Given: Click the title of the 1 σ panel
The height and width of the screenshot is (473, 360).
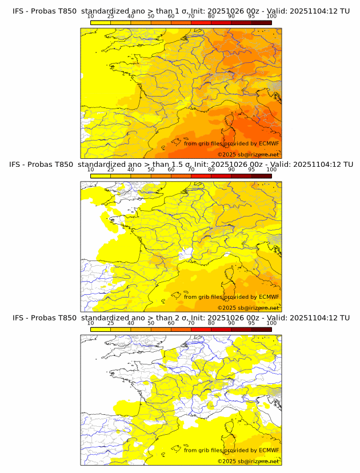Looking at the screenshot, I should point(181,10).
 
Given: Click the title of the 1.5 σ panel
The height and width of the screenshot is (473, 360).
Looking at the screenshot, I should point(181,164).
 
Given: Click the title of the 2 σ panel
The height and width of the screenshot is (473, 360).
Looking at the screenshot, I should point(181,318).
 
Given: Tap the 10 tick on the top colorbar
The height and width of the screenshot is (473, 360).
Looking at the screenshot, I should point(91,17).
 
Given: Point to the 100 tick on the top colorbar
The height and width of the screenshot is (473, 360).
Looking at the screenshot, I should point(271,17).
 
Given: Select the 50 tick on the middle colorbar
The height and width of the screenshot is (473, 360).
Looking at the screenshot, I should point(151,170).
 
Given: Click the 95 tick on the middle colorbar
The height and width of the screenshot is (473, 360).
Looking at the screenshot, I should point(251,170).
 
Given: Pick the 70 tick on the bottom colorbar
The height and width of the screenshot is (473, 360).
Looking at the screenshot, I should point(191,323).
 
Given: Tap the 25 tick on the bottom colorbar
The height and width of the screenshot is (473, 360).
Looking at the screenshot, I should point(111,323).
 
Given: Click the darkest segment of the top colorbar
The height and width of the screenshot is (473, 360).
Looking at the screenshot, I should point(261,22).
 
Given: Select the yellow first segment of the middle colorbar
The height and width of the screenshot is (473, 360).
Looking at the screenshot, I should point(101,176).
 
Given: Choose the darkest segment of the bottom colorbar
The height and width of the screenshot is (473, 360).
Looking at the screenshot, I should point(261,330).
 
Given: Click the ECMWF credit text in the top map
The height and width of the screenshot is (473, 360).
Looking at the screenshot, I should point(231,143).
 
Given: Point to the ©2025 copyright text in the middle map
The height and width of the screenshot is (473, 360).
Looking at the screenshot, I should point(248,308).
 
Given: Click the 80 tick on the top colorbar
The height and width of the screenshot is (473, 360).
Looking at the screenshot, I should point(211,17).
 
